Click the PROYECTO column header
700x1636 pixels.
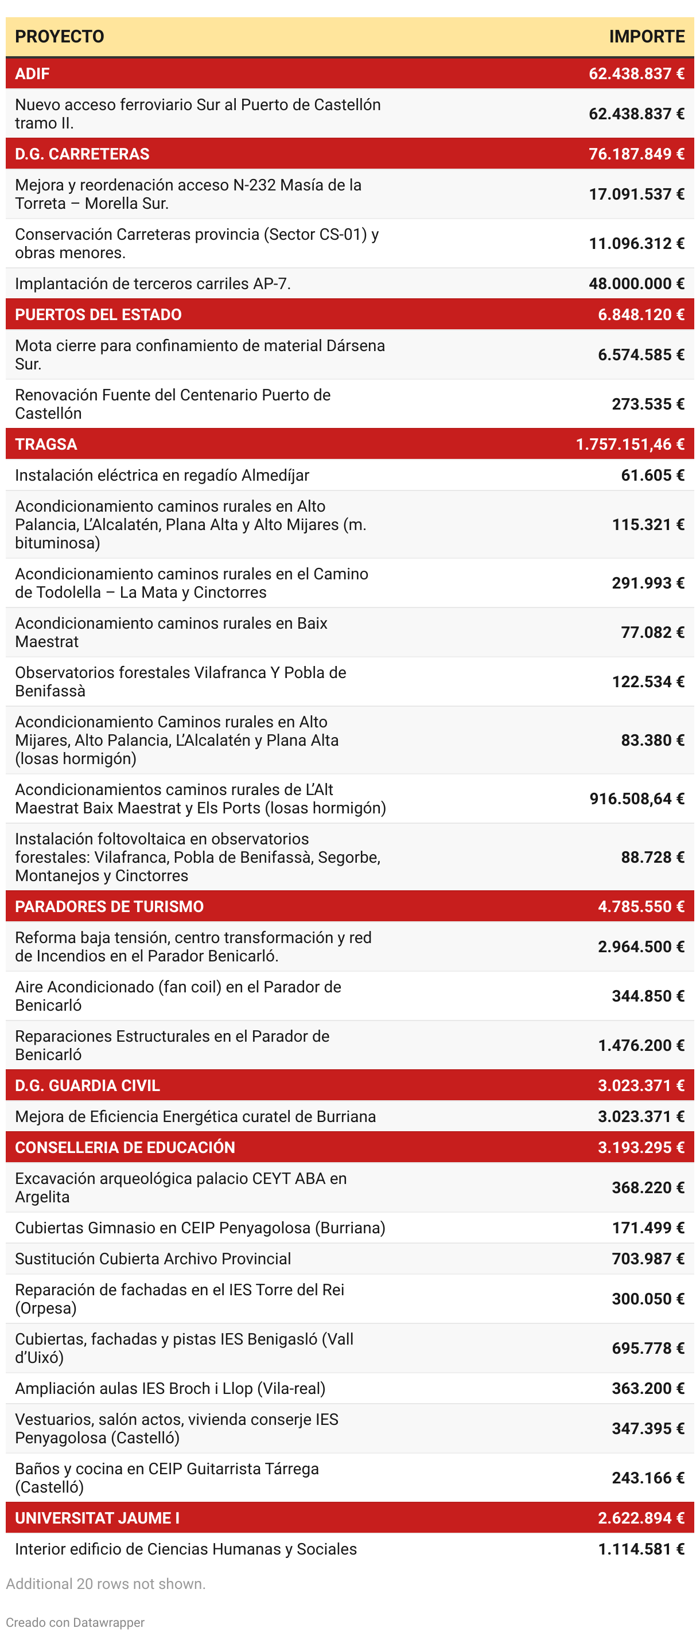tap(59, 36)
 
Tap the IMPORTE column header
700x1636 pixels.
tap(646, 36)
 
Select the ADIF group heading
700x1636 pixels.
tap(32, 73)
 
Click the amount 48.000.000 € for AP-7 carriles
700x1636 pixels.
tap(636, 283)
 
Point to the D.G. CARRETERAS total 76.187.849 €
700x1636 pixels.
tap(636, 154)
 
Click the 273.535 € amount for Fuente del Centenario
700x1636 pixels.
tap(647, 404)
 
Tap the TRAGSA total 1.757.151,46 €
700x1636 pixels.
tap(629, 444)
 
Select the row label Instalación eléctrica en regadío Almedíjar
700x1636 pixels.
tap(162, 475)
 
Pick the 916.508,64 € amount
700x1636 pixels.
tap(636, 798)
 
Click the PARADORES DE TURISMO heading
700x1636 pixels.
tap(109, 906)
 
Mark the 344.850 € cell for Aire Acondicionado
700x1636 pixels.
tap(647, 996)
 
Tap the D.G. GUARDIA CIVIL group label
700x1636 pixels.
tap(87, 1085)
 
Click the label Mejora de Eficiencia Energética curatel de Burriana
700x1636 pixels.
tap(195, 1116)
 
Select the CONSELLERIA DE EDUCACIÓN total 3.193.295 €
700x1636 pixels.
tap(640, 1148)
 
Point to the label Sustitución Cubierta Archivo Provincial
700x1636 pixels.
tap(153, 1259)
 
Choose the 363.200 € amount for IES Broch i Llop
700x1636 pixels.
tap(647, 1388)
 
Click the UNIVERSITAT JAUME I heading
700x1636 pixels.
tap(96, 1518)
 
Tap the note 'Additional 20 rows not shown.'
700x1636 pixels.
tap(106, 1584)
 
